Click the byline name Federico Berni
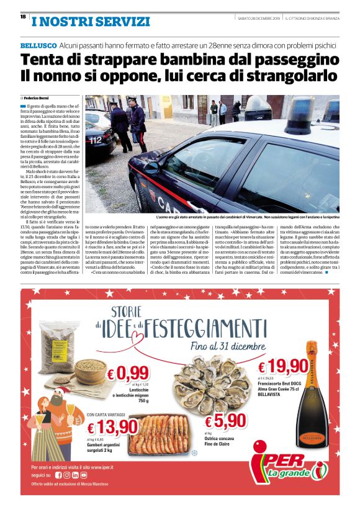pos(38,98)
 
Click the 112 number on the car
pos(95,140)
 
